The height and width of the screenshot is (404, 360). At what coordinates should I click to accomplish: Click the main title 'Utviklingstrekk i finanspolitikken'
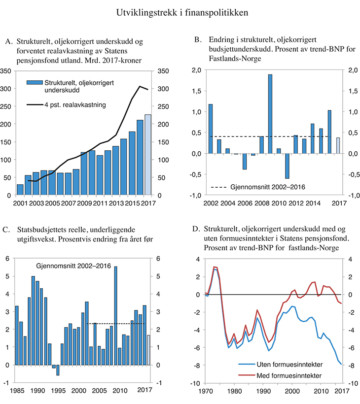pos(180,11)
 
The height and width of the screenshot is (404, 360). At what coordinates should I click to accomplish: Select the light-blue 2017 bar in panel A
pos(148,155)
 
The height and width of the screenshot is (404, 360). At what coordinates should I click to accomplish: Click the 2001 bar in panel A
pos(20,190)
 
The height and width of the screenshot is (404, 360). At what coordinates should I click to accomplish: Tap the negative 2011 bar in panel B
pos(287,166)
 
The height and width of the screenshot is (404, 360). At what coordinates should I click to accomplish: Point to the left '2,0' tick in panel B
pos(196,70)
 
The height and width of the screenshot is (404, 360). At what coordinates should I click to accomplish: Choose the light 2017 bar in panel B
pos(338,145)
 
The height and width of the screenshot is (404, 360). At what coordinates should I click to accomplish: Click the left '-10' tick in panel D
pos(194,383)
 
